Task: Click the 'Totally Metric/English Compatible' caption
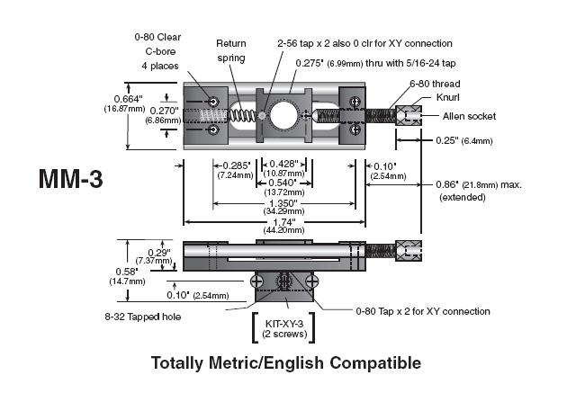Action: point(286,363)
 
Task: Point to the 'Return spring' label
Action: point(231,50)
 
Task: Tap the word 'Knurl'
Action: point(422,98)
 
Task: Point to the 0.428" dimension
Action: point(284,162)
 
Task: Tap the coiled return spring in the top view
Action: point(238,116)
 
